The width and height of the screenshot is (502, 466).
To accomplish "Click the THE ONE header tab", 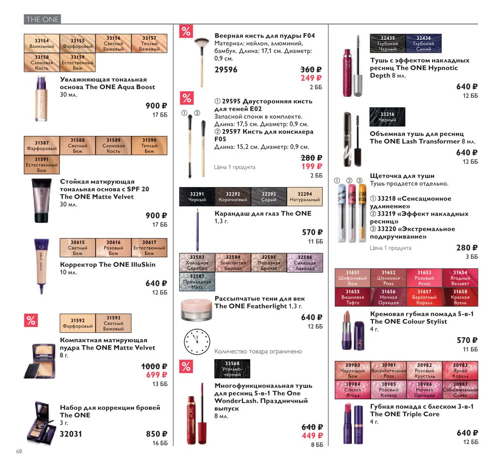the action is coord(42,19).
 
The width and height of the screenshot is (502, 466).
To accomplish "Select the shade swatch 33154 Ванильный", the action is coord(42,44).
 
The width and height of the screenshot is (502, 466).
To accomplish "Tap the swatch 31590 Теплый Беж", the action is coord(149,145).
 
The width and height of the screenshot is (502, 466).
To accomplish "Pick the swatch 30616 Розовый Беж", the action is coord(113,248).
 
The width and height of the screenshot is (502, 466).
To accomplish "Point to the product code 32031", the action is coord(71,434).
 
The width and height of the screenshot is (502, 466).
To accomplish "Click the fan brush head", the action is coord(201,43).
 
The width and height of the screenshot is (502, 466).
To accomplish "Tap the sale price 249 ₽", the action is coord(311,78).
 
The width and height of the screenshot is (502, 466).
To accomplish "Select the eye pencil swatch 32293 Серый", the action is coord(269,196).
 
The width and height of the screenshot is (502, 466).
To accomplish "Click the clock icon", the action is coord(197,342).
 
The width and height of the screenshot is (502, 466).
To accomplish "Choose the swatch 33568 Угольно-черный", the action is coord(232,369).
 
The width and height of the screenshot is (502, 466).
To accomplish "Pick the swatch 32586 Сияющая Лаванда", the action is coord(305,262).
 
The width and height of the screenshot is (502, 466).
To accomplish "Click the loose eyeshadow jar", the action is coord(197,310).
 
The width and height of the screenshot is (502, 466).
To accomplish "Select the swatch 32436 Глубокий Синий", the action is coord(424,43).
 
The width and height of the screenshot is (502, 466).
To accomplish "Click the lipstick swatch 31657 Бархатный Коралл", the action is coord(424,297).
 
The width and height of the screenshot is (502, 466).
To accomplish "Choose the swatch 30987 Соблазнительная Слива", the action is coord(460,390).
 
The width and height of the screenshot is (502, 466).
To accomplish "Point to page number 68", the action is coord(19,451).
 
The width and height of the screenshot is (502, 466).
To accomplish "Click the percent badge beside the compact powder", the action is coord(31,321).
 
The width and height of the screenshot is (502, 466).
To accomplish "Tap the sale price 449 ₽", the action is coord(312,435).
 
